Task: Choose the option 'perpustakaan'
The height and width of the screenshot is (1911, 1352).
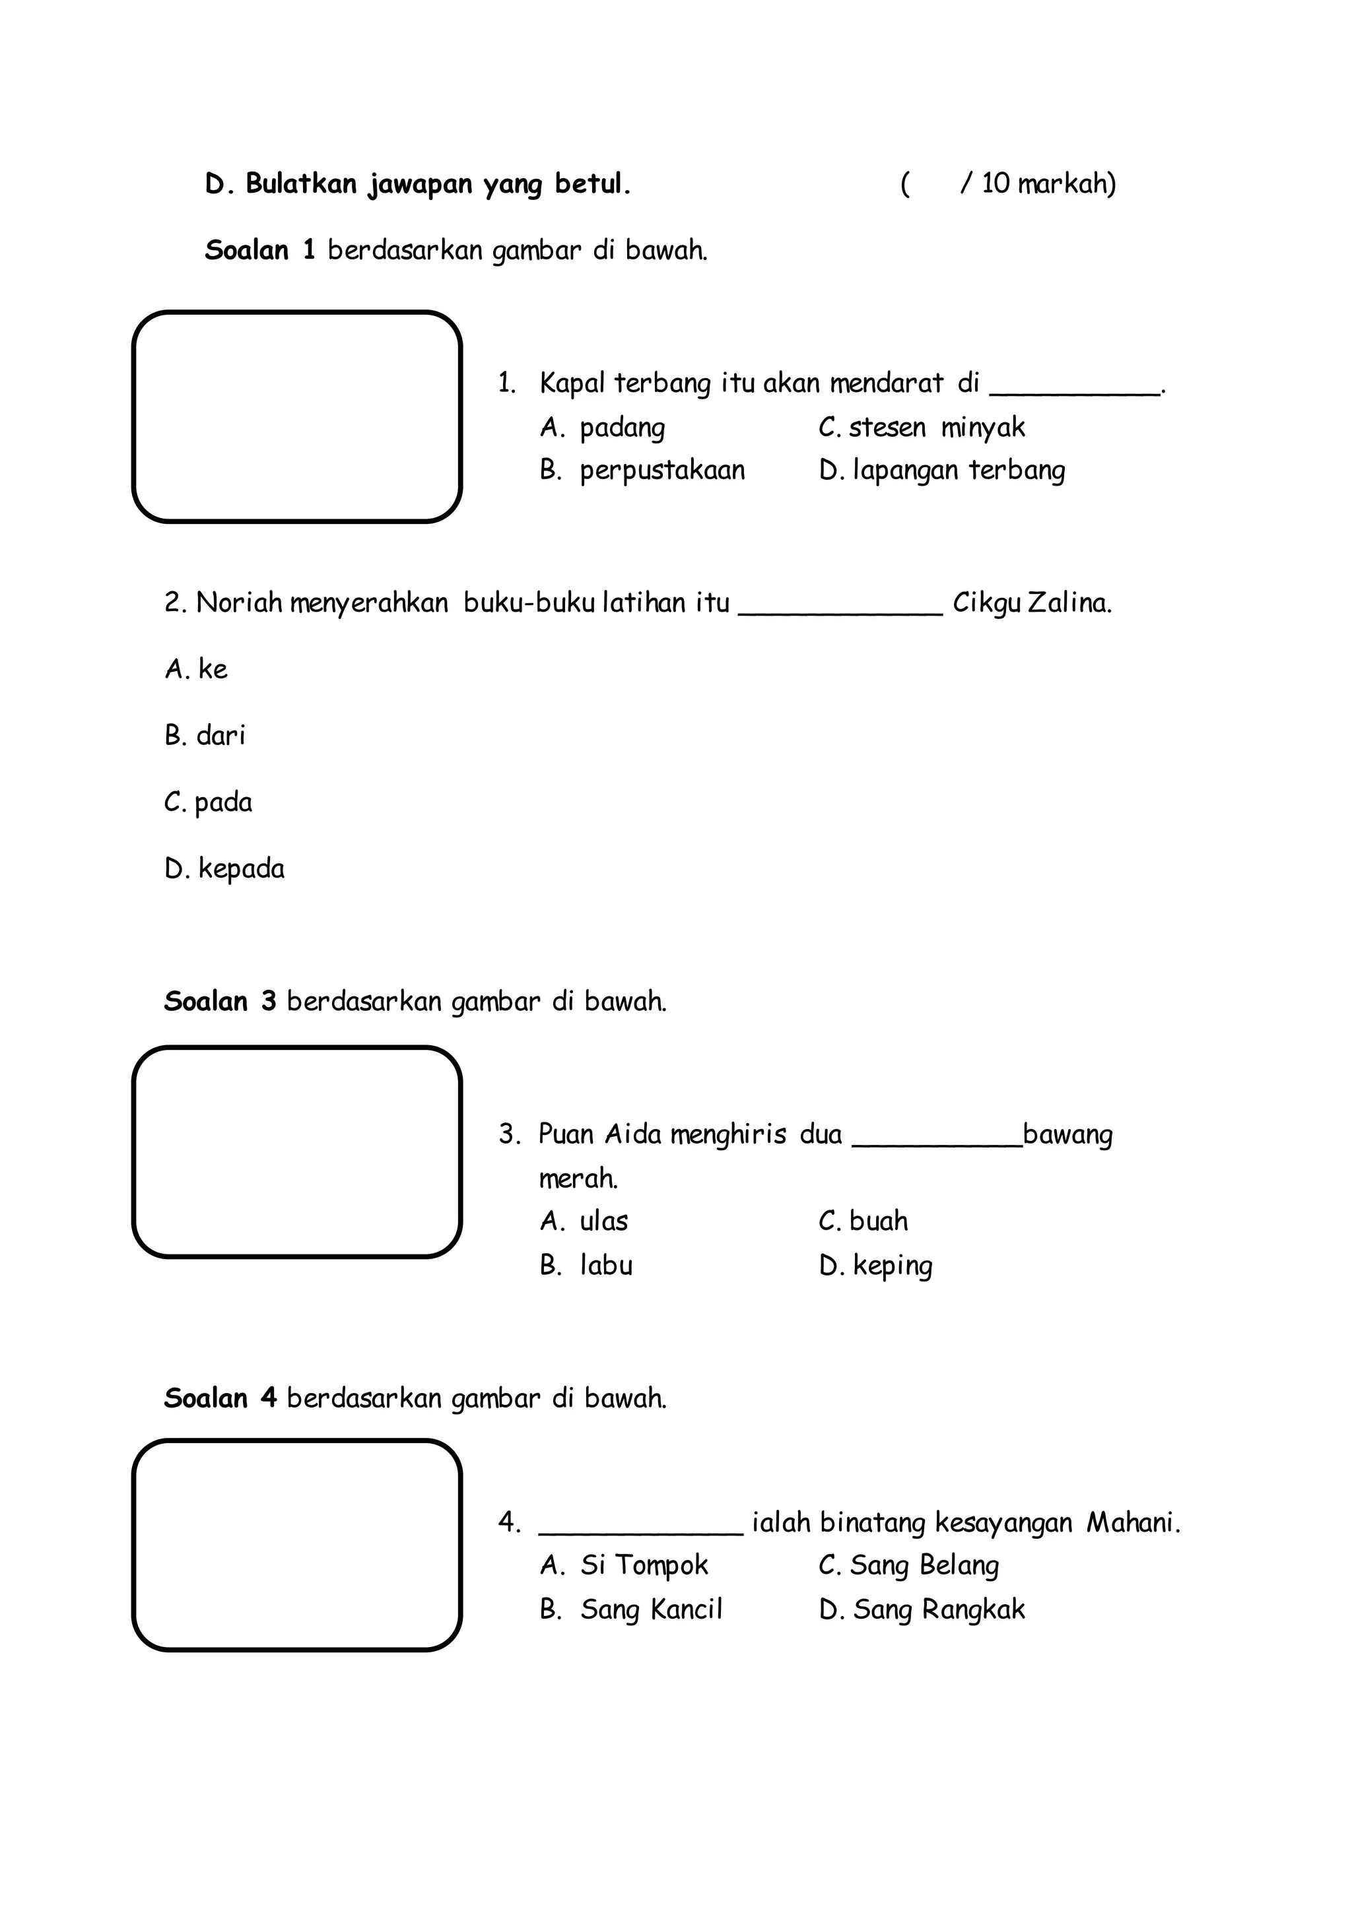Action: coord(662,470)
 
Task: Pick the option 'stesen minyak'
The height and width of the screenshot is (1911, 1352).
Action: coord(937,427)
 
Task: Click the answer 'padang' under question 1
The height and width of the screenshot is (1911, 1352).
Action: coord(622,427)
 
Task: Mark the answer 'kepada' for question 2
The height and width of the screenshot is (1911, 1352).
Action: coord(240,869)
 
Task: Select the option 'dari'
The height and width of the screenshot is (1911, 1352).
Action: coord(220,736)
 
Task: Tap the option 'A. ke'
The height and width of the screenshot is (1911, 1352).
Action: coord(197,669)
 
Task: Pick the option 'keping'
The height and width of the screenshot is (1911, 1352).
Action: coord(893,1266)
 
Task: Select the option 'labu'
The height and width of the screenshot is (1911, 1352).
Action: coord(606,1266)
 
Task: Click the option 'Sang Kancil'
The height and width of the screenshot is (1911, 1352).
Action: coord(651,1609)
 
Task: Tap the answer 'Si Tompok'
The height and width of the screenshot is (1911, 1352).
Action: coord(644,1566)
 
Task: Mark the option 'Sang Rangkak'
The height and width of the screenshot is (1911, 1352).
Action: coord(938,1609)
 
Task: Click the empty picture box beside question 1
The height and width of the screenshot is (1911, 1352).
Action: coord(296,417)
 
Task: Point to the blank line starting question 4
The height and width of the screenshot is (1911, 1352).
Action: coord(640,1531)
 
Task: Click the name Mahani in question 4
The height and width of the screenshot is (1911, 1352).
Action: coord(1132,1523)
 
